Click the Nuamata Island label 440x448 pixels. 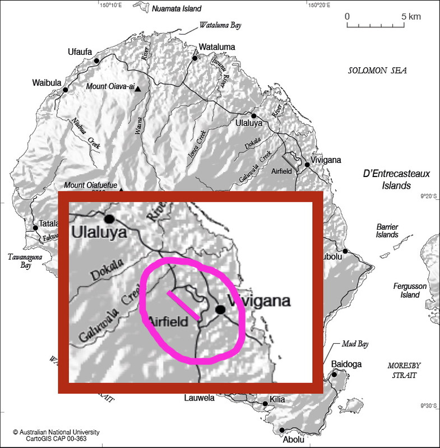pyautogui.click(x=177, y=8)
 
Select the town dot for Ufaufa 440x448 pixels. pyautogui.click(x=97, y=60)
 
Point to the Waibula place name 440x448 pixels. pyautogui.click(x=45, y=83)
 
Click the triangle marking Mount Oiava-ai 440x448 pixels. pyautogui.click(x=138, y=88)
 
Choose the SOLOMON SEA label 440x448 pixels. pyautogui.click(x=377, y=71)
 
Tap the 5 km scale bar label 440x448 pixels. pyautogui.click(x=411, y=16)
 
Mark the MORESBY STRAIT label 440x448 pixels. pyautogui.click(x=404, y=370)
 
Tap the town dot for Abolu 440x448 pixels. pyautogui.click(x=281, y=430)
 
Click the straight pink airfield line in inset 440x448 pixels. pyautogui.click(x=183, y=305)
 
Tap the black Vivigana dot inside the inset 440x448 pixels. pyautogui.click(x=220, y=309)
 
